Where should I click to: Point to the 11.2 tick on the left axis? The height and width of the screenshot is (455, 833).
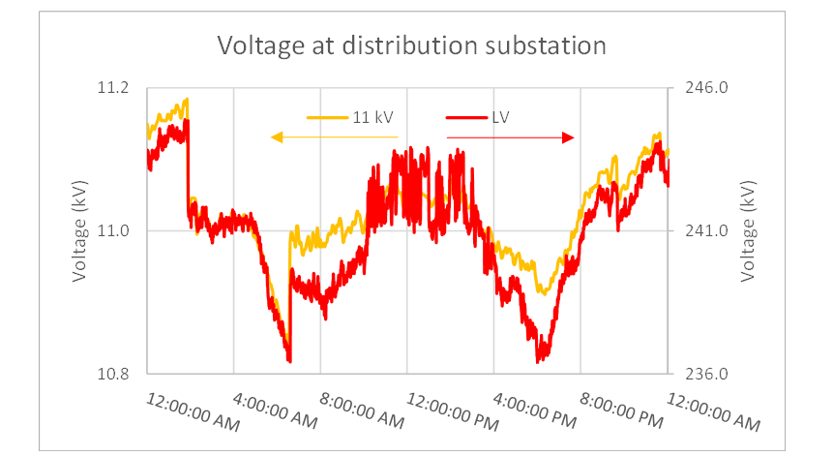113,88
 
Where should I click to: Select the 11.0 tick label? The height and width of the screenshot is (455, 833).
113,230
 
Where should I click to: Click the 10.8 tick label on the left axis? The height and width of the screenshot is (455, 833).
113,373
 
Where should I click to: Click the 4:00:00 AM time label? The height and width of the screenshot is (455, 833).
276,412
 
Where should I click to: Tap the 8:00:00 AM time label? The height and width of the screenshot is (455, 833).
362,412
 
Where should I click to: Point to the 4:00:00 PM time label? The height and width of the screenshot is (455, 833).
535,412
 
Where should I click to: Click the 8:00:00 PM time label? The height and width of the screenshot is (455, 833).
622,412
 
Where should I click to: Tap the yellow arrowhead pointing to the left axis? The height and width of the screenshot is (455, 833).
276,138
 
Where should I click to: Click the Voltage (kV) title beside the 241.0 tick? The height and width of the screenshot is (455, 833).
747,230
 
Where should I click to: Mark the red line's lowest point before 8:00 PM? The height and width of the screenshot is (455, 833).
539,361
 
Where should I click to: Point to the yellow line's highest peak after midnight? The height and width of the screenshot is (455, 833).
186,99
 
